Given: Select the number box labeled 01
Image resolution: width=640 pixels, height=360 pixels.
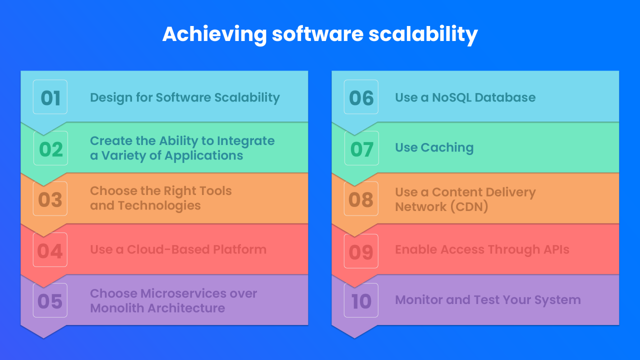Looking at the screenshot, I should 50,97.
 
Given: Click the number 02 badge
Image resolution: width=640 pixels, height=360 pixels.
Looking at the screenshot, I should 50,148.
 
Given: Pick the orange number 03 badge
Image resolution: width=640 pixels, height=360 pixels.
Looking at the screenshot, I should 50,199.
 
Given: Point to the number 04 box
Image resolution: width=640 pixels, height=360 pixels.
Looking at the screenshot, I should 50,250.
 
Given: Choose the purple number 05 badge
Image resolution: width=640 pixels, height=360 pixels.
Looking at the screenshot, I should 50,300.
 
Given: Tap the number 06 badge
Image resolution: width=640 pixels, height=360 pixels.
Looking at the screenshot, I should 361,97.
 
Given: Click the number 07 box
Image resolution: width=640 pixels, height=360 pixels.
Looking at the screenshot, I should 361,148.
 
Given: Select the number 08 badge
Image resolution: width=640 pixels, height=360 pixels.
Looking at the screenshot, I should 361,199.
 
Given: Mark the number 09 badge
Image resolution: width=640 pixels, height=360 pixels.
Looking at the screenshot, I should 361,251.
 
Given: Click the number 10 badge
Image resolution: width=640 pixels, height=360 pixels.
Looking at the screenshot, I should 361,300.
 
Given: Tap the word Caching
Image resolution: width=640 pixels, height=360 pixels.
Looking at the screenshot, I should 447,148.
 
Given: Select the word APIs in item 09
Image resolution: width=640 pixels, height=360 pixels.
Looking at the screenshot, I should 555,249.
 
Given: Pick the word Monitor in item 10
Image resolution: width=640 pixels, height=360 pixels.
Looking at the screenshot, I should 414,300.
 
